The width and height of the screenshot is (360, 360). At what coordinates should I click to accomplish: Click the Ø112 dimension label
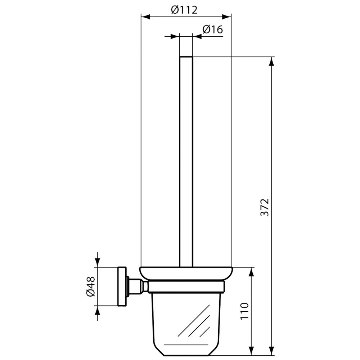184,10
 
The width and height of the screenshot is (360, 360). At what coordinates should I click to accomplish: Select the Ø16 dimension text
213,30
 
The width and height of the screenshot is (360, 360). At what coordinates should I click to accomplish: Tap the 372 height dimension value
265,207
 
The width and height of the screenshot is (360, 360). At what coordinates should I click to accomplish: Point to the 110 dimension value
244,311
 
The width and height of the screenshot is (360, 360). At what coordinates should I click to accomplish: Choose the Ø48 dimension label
90,286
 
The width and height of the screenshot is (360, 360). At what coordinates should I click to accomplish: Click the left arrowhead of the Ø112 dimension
145,17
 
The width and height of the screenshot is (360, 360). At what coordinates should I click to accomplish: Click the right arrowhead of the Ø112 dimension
226,17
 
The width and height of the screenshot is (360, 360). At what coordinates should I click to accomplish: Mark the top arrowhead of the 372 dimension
271,62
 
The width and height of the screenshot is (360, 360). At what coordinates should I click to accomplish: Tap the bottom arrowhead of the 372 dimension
271,351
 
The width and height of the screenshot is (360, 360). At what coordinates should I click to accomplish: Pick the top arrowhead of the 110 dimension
252,272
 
